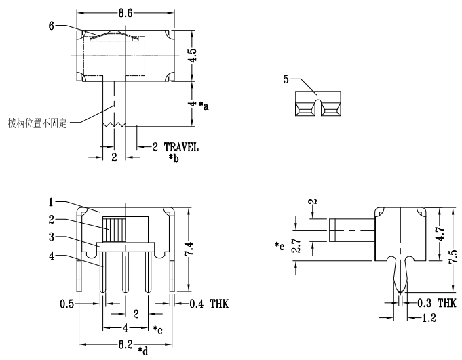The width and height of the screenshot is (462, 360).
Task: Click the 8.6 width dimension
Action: click(126, 12)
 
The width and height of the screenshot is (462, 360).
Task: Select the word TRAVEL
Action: click(181, 147)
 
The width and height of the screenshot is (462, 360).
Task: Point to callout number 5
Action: click(287, 79)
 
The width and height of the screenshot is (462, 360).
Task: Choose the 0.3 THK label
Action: click(436, 304)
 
